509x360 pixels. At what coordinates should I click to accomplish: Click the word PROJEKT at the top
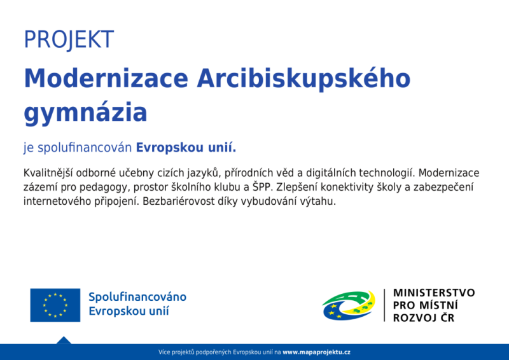69,39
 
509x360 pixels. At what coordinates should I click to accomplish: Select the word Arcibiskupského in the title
304,78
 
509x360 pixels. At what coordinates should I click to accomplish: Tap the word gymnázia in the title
85,113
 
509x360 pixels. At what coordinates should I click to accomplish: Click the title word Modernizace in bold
106,78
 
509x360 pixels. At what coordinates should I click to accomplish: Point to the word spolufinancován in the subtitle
85,148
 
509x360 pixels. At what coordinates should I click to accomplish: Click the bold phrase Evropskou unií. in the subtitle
186,148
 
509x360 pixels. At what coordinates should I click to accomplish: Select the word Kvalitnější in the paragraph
48,173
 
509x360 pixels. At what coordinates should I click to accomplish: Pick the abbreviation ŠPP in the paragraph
261,187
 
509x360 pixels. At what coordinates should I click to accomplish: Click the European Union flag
55,305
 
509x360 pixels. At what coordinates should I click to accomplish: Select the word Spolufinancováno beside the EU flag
137,297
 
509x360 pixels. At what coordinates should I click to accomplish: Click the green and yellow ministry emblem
349,305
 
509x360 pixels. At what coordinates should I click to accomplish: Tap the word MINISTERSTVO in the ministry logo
434,293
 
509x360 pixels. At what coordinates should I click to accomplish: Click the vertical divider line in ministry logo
385,305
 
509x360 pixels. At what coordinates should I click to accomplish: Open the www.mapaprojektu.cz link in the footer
316,352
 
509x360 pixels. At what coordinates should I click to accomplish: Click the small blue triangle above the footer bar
64,340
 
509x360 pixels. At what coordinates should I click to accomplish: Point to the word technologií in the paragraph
387,173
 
